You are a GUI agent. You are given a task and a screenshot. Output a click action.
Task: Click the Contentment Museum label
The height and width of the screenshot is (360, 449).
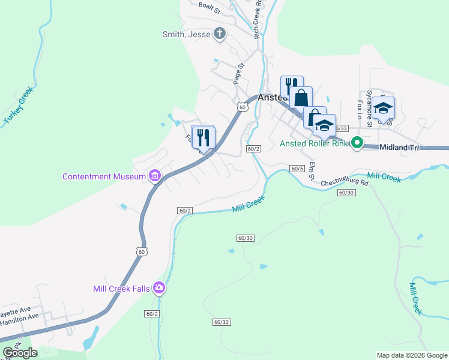pos(104,176)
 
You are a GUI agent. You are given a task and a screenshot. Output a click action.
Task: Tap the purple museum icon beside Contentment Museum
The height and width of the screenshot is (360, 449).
pos(155,176)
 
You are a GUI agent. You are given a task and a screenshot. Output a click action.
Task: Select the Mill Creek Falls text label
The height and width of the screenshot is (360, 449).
pos(122,288)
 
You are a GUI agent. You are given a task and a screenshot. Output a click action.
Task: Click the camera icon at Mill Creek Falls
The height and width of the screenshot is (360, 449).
pos(159,288)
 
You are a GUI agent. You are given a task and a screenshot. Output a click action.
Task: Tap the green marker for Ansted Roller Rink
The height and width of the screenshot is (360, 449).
pos(357,143)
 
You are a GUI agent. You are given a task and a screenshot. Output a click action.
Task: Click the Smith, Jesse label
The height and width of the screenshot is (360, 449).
pos(187,34)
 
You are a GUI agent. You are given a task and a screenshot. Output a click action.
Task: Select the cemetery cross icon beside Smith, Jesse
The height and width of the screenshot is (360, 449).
pos(220,34)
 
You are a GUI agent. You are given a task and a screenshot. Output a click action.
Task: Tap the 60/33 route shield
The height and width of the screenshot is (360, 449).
pos(341,128)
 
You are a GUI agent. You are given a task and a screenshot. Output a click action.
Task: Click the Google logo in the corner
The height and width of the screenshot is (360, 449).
pos(20,353)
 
